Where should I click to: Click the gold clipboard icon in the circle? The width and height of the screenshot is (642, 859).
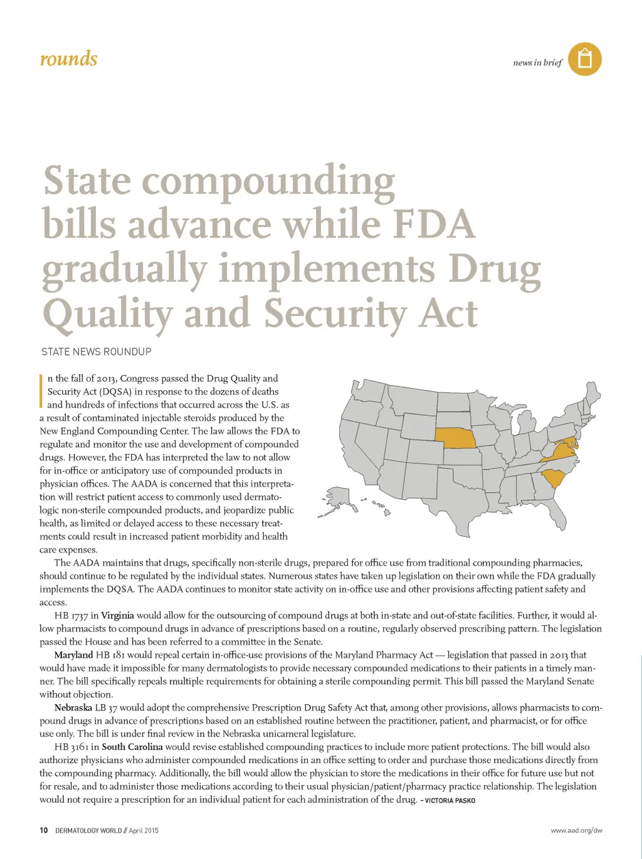pos(584,60)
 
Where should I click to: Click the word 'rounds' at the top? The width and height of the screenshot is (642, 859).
pos(68,59)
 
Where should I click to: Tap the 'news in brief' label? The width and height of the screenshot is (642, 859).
pos(537,63)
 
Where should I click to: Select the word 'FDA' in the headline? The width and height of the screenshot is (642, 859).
pos(433,224)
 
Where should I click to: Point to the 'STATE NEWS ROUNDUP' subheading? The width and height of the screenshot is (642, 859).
pos(97,352)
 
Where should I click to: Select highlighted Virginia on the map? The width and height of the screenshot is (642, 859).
pos(562,450)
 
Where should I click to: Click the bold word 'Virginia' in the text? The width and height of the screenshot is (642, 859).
pos(117,616)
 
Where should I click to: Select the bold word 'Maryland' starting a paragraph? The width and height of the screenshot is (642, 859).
pos(73,655)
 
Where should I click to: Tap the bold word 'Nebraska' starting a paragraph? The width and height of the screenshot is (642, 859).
pos(73,708)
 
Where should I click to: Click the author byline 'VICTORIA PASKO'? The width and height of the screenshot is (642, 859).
pos(450,801)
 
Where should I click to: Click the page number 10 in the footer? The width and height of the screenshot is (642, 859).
pos(43,831)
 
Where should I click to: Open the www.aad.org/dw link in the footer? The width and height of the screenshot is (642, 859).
pos(576,831)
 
